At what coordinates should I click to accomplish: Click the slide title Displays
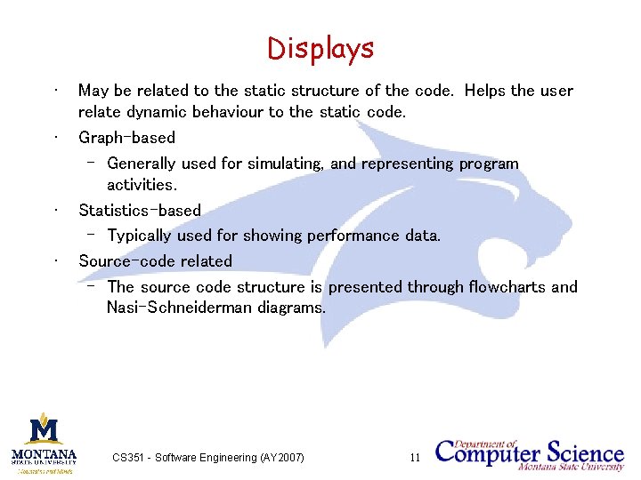click(x=320, y=48)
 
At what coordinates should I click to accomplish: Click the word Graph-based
click(x=126, y=138)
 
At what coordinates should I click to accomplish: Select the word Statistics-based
click(x=140, y=211)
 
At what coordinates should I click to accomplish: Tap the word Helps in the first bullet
click(x=485, y=91)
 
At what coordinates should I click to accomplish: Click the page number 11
click(x=415, y=458)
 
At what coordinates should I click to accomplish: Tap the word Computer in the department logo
click(x=487, y=453)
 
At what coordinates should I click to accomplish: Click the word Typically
click(x=140, y=236)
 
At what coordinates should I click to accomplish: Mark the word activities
click(x=142, y=185)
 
